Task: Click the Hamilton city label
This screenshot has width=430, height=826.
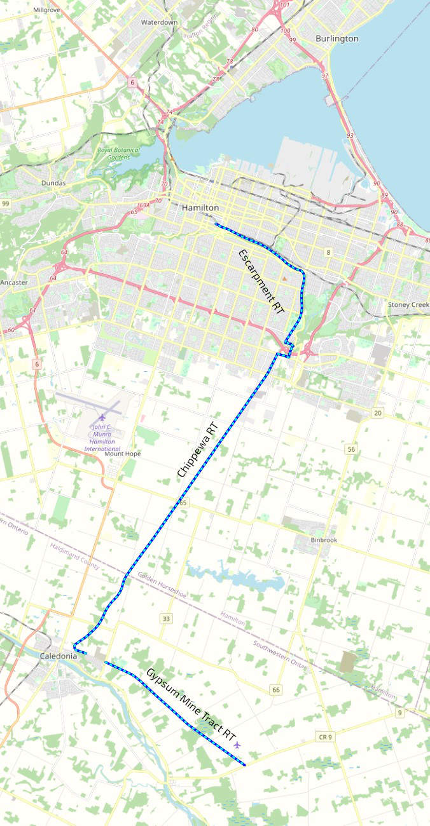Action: (200, 208)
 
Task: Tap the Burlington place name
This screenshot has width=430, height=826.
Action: (337, 39)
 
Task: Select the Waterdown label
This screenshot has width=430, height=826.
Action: (159, 22)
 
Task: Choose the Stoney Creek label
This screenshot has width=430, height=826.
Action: (408, 305)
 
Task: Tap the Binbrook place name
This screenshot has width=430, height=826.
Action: (324, 540)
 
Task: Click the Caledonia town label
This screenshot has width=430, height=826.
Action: (58, 655)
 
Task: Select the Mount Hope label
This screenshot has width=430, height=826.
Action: (123, 454)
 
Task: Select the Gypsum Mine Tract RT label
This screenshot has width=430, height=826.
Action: (190, 703)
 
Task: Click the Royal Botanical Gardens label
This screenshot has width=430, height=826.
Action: (113, 154)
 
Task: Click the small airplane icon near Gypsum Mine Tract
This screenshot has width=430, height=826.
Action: (237, 744)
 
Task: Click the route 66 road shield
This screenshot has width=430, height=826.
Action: (275, 690)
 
